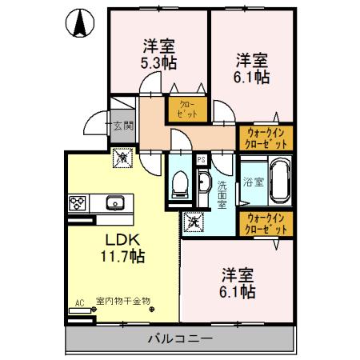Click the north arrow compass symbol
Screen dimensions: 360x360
(81, 24)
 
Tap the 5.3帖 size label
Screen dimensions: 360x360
(160, 62)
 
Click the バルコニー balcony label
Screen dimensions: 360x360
(180, 338)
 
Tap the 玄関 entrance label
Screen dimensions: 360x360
(122, 125)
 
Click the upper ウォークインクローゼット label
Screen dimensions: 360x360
(266, 137)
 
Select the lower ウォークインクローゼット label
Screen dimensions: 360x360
(266, 222)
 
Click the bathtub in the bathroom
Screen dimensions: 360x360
(278, 182)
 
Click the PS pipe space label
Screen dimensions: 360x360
(201, 158)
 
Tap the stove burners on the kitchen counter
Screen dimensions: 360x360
(80, 203)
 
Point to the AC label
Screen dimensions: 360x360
(79, 302)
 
